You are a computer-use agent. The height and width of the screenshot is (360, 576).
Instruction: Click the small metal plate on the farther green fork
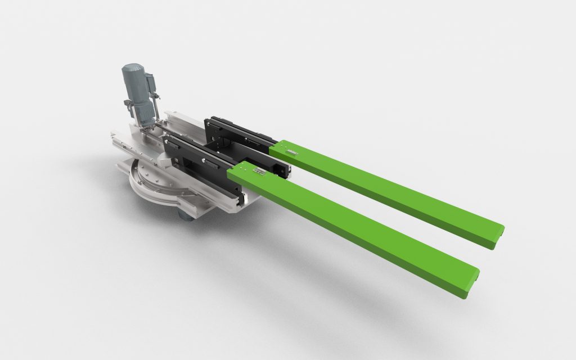(x=290, y=151)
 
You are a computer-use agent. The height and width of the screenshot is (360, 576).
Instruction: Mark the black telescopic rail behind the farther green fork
(x=236, y=129)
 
